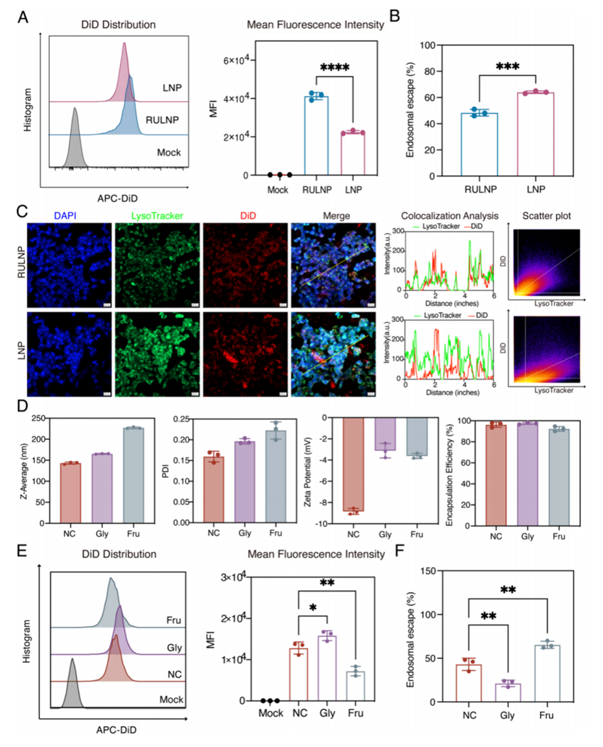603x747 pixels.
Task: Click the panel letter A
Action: (x=23, y=17)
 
